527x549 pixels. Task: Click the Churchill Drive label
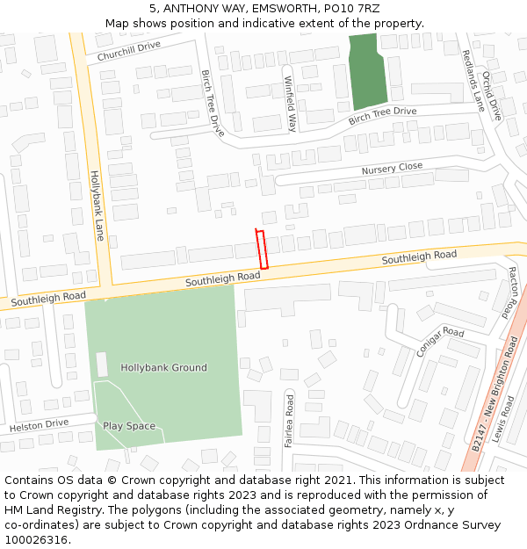coord(129,51)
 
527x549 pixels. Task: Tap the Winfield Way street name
coord(290,104)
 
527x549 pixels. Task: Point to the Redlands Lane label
coord(473,80)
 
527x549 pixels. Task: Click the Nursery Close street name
coord(392,168)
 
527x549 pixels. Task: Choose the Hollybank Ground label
coord(163,368)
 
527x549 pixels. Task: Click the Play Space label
coord(129,426)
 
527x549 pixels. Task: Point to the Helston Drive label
coord(39,425)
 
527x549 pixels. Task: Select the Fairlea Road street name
coord(289,421)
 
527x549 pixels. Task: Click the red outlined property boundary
coord(261,249)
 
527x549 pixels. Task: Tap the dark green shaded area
coord(365,72)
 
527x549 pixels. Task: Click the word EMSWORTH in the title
coord(285,10)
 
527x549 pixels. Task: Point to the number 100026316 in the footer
coord(36,540)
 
